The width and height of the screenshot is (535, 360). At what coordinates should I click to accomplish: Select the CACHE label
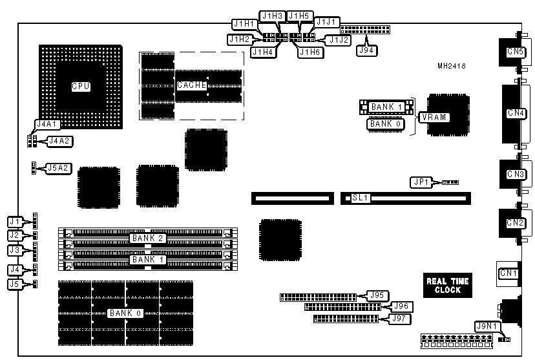tap(191, 85)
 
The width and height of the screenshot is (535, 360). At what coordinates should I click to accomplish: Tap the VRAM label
tap(434, 117)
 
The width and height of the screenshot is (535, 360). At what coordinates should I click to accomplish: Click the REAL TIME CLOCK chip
tap(447, 286)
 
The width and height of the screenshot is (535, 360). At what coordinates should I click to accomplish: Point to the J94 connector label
tap(366, 49)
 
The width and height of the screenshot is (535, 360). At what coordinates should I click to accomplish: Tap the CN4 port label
tap(516, 113)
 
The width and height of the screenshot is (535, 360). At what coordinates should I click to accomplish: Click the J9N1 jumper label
tap(486, 326)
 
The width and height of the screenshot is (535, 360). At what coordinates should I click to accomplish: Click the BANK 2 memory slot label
tap(149, 238)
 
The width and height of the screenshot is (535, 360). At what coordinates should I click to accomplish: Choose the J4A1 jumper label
tap(46, 123)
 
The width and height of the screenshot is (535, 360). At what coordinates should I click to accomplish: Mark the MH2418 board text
tap(452, 65)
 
